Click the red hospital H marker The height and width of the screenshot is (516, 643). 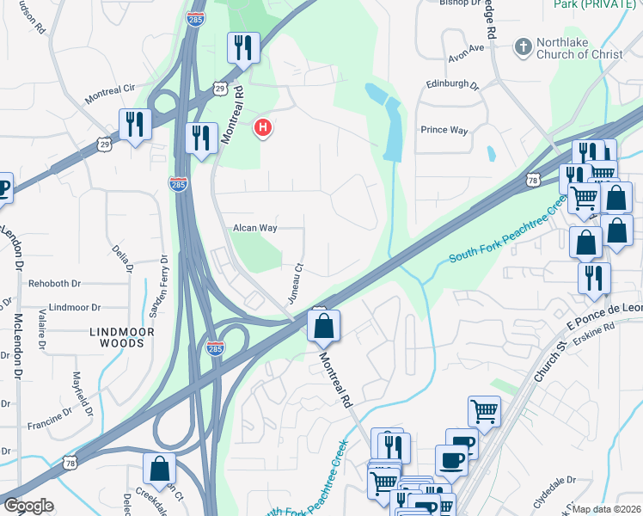pos(264,129)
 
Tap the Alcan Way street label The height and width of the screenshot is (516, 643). pos(255,228)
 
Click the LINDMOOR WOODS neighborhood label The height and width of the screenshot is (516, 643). pos(121,337)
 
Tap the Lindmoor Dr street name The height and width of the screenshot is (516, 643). pos(76,307)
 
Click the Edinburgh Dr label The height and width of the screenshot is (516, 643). pos(452,85)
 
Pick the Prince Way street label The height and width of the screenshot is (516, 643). pos(444,131)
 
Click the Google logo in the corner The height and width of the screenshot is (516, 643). pos(28,506)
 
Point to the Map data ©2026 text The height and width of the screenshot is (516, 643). pos(607,509)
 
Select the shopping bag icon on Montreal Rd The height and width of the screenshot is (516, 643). pos(323,327)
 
